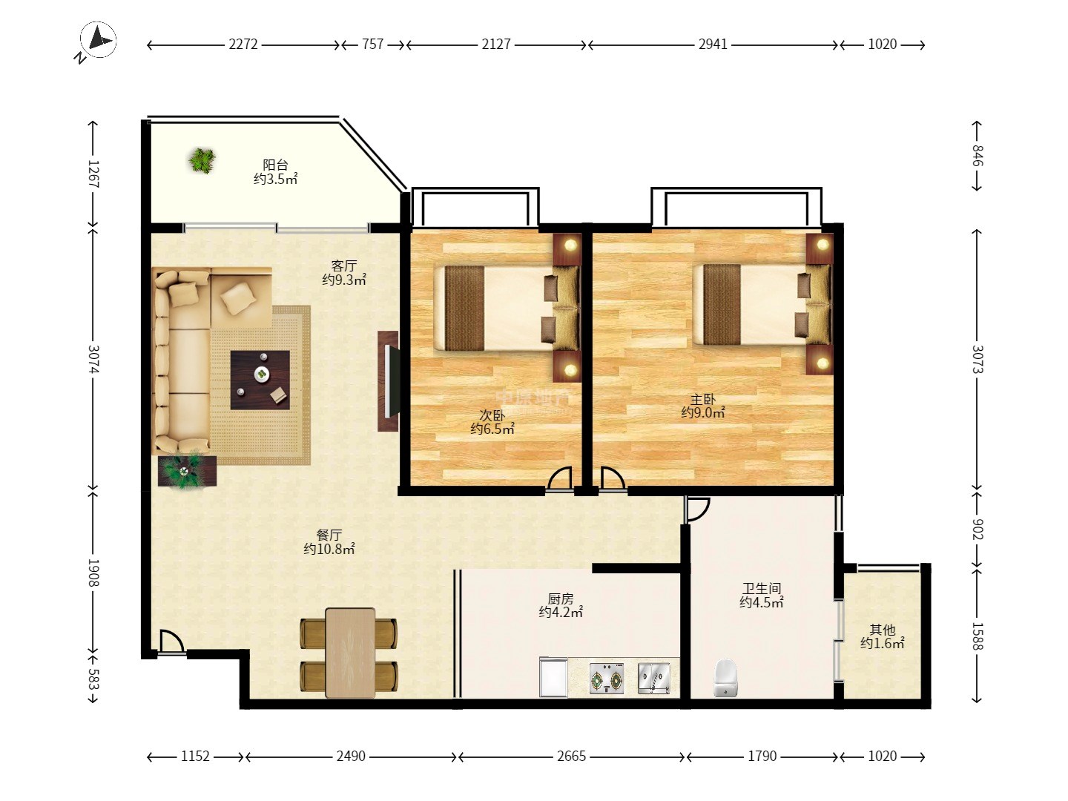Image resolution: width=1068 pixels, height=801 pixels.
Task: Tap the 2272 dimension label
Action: click(x=243, y=44)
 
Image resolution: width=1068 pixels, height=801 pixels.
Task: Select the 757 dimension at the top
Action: click(x=373, y=44)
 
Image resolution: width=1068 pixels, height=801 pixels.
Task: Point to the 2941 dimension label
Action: click(x=713, y=44)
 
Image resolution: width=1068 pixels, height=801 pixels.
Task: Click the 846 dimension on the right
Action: click(x=977, y=156)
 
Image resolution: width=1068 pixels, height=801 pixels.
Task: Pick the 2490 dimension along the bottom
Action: click(x=351, y=756)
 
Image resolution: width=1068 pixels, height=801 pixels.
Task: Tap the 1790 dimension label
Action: click(x=762, y=756)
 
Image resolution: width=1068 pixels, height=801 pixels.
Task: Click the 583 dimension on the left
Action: click(x=93, y=679)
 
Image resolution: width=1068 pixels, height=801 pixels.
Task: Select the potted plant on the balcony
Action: click(x=202, y=160)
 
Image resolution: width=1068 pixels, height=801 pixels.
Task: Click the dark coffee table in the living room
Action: click(x=260, y=380)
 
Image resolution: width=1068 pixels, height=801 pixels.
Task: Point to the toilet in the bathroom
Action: click(x=725, y=677)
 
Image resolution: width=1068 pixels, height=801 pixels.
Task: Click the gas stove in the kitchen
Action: click(x=607, y=679)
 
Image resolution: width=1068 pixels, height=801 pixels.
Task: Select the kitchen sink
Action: click(x=654, y=679)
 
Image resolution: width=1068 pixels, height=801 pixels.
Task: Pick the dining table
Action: click(x=350, y=653)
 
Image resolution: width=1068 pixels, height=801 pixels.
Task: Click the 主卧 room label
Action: click(x=703, y=400)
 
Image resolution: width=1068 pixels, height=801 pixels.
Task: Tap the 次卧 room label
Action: click(x=492, y=416)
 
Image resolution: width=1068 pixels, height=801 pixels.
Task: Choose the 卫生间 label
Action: click(x=762, y=588)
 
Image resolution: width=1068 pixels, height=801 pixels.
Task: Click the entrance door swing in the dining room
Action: click(x=171, y=642)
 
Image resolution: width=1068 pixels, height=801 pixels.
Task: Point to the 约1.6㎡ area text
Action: click(x=882, y=644)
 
